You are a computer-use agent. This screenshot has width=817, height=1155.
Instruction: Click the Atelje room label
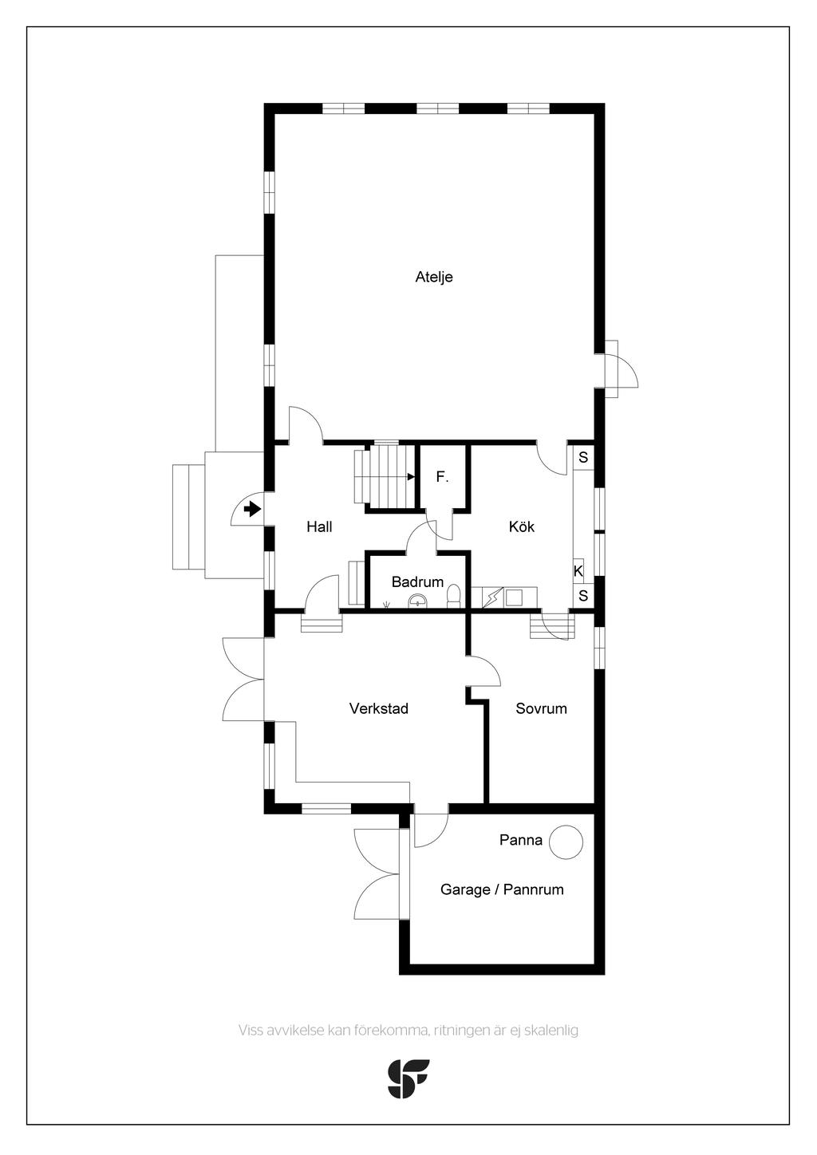tap(434, 277)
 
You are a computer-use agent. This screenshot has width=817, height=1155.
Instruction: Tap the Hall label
tap(319, 526)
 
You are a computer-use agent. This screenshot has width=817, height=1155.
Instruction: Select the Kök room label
tap(522, 526)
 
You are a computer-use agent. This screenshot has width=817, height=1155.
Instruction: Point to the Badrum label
tap(417, 582)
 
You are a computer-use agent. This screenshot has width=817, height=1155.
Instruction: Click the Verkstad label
tap(379, 708)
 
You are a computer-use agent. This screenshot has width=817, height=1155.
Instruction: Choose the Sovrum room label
tap(541, 708)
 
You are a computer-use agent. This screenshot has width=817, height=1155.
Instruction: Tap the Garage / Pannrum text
tap(502, 889)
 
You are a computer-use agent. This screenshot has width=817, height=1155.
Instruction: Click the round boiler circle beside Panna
tap(566, 842)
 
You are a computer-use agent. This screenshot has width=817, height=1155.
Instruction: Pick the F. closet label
tap(442, 477)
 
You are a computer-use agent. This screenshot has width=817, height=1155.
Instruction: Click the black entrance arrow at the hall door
tap(251, 510)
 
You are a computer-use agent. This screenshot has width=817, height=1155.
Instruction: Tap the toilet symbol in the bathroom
tap(453, 594)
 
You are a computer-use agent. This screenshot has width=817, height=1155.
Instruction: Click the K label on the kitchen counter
tap(578, 571)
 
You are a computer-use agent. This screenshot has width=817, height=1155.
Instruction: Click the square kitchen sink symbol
tap(514, 598)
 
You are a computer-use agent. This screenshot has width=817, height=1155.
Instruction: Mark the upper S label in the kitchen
tap(583, 457)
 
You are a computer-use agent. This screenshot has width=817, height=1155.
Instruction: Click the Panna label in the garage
tap(521, 840)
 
